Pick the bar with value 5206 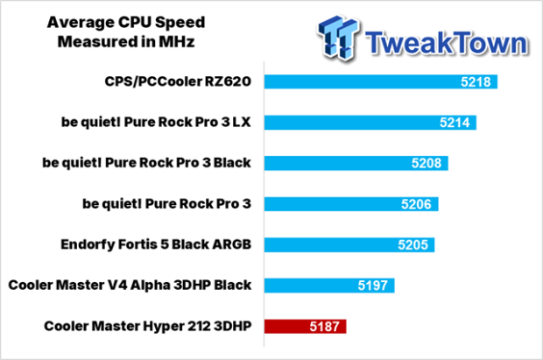coord(351,204)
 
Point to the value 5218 coord(477,82)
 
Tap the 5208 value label coord(428,163)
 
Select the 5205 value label coord(417,244)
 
